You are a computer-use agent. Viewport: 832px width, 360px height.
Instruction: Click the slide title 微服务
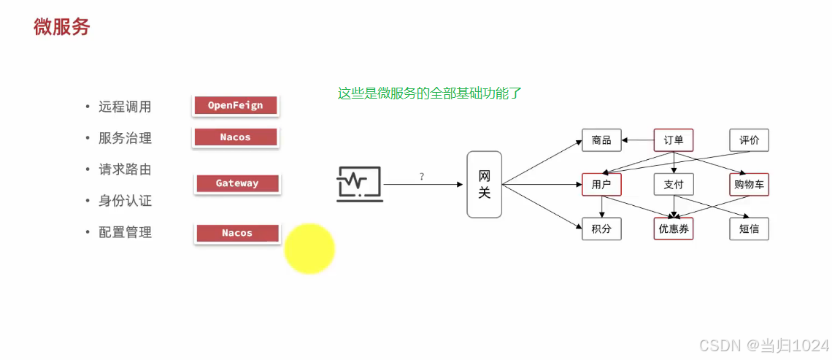coord(62,27)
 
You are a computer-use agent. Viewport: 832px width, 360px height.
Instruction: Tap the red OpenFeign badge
coord(235,106)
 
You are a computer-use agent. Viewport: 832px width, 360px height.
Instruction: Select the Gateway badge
coord(237,183)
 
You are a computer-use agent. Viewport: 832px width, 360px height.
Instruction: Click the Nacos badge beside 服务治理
coord(235,137)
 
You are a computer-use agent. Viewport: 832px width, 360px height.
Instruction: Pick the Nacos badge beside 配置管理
coord(237,233)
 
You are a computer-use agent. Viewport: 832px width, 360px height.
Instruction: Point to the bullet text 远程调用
coord(125,107)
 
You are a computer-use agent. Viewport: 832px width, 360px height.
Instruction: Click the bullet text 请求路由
coord(125,169)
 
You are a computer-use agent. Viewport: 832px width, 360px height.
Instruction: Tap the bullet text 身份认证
coord(125,201)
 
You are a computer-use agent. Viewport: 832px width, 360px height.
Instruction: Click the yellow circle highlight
coord(309,249)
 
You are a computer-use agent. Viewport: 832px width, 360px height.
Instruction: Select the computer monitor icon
coord(358,183)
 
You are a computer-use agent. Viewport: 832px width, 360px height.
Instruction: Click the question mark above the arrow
coord(422,177)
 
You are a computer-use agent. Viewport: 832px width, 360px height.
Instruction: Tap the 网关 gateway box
coord(485,184)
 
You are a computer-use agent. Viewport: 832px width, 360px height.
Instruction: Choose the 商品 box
coord(601,140)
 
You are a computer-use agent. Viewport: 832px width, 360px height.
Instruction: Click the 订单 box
coord(673,140)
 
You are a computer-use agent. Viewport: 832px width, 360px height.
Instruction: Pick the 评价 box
coord(749,140)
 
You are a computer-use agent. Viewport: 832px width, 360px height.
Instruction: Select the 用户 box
coord(601,185)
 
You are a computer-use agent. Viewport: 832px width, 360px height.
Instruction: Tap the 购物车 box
coord(749,185)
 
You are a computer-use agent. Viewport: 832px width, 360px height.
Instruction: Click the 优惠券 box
coord(673,229)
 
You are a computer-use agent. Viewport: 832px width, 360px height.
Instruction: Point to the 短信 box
coord(749,229)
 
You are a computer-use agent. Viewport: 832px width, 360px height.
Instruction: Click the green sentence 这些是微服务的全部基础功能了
coord(429,93)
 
